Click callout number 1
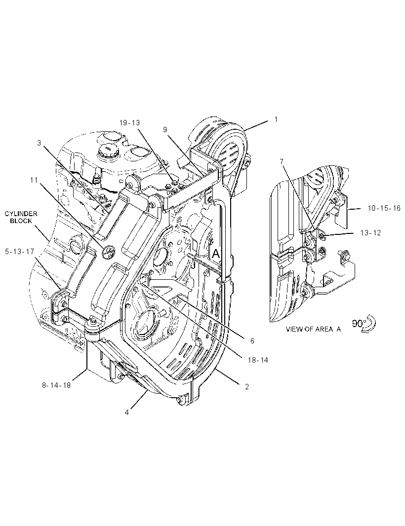[x=276, y=119]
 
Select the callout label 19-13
[x=129, y=123]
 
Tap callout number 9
[x=165, y=129]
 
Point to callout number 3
[x=39, y=143]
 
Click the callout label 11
[x=34, y=180]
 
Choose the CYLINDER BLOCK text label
[x=21, y=217]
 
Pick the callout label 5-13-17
[x=19, y=251]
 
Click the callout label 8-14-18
[x=56, y=385]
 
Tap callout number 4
[x=126, y=413]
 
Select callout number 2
[x=247, y=386]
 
